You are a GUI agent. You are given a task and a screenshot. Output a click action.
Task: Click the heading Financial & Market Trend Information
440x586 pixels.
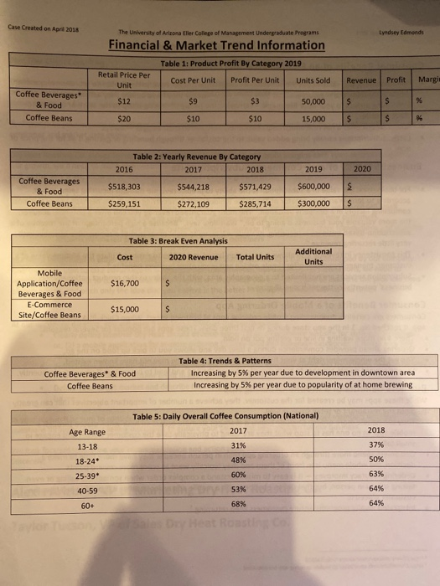pos(216,45)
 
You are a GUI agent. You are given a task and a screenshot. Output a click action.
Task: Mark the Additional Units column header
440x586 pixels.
pos(313,255)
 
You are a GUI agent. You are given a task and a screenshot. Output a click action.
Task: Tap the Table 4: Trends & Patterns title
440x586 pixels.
pos(225,361)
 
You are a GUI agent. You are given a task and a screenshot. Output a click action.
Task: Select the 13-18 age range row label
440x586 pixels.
pos(88,446)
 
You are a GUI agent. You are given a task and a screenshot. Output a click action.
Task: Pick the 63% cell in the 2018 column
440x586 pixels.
pos(375,475)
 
